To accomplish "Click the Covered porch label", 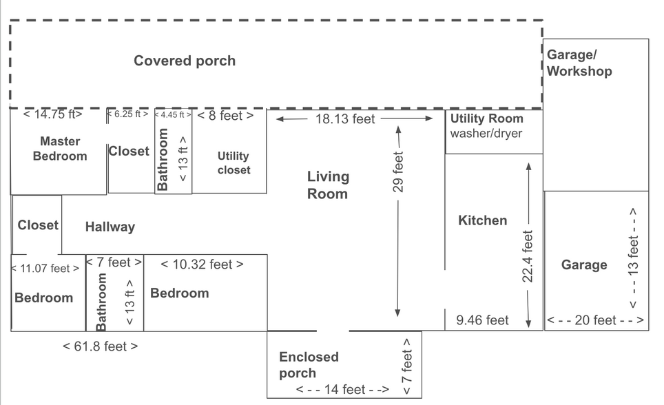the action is click(185, 61).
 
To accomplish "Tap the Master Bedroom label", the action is click(60, 149).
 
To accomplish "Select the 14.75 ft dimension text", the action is click(52, 114).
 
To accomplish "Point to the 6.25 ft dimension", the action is click(127, 114).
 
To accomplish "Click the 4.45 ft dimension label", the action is click(173, 115).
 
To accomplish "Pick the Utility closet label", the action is click(234, 163).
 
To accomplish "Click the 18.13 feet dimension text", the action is click(345, 119).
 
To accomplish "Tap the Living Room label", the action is click(328, 185).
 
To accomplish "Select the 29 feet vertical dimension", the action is click(398, 172).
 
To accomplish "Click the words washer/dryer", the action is click(486, 134).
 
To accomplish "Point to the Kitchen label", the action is click(483, 220).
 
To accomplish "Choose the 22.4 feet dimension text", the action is click(527, 256).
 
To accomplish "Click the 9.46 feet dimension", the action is click(482, 320).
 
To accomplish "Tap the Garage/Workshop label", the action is click(579, 63).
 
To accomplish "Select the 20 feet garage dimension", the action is click(595, 320).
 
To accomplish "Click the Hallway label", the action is click(110, 227).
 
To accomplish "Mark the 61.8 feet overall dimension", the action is click(101, 346).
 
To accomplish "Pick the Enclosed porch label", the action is click(309, 365).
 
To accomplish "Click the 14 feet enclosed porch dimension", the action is click(342, 389).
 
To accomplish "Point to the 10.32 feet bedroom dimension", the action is click(203, 264).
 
